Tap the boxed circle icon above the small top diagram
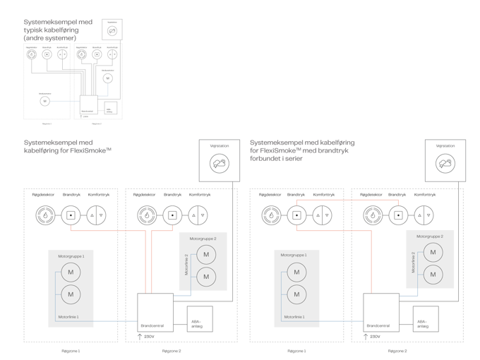point(112,29)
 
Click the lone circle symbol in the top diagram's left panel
point(45,101)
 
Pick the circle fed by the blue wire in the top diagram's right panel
point(107,78)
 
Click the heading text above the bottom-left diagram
point(68,147)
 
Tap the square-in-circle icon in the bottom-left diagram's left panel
point(71,215)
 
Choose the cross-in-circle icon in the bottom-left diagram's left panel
point(96,215)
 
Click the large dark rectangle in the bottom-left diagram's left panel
point(71,287)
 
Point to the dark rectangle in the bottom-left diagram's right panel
point(203,261)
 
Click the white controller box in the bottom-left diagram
point(155,313)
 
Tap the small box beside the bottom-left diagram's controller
point(200,319)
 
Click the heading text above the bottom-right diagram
point(302,150)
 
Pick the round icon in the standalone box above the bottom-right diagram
point(445,165)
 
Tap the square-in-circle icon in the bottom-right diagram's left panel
point(296,215)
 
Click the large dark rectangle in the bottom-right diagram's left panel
point(296,287)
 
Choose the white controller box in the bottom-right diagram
point(381,313)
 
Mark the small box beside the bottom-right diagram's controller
point(426,319)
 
